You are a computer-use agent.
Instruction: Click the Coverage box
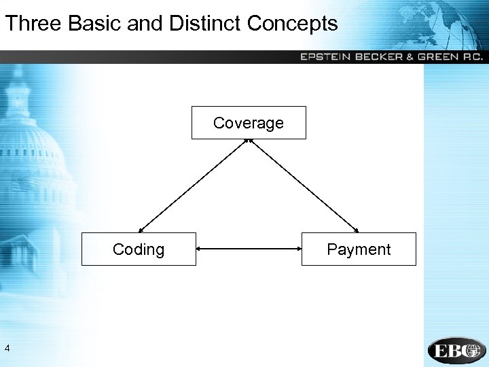[x=249, y=123]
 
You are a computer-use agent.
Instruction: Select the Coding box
[x=139, y=249]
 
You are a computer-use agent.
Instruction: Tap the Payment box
[x=359, y=249]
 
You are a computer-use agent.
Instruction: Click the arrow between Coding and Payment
[x=249, y=249]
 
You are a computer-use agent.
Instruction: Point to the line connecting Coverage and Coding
[x=194, y=186]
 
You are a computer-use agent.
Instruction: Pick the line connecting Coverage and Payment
[x=304, y=186]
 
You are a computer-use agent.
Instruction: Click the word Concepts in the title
[x=293, y=24]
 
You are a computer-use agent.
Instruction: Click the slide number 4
[x=7, y=349]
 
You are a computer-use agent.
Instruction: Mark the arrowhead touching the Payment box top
[x=357, y=230]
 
